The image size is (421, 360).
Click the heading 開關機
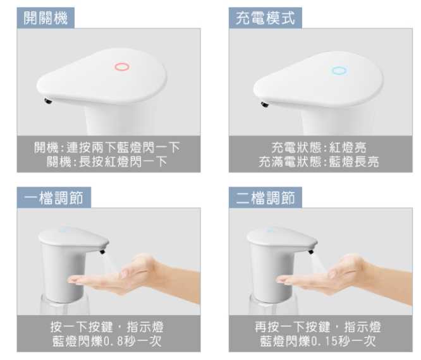pos(46,18)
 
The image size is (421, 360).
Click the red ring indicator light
pos(121,66)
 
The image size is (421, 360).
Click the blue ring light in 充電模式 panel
pos(339,71)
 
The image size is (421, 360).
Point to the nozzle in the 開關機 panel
pos(47,100)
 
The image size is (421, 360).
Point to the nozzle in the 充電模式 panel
pos(264,104)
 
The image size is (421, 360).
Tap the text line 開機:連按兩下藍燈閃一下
pos(107,147)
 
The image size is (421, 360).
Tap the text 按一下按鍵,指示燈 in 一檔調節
pos(107,327)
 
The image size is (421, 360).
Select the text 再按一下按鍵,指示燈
pos(319,327)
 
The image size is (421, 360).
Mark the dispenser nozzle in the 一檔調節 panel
pos(101,251)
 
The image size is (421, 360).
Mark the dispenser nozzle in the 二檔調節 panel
pos(310,251)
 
